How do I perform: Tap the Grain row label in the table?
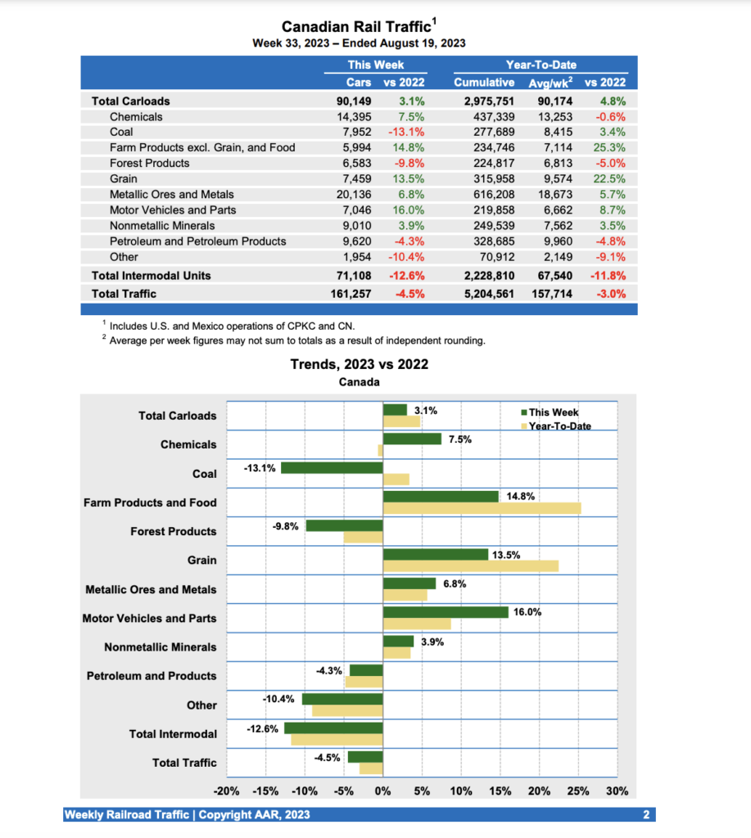click(124, 178)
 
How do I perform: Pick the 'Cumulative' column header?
click(484, 82)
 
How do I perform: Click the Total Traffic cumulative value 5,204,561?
click(484, 293)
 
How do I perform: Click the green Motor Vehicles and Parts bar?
click(445, 612)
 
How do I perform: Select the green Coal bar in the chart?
click(332, 468)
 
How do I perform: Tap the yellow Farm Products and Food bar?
click(482, 508)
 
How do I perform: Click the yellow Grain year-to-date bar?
click(470, 566)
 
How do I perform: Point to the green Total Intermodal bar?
click(333, 728)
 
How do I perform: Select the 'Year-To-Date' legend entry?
click(559, 426)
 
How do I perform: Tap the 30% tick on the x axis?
click(617, 791)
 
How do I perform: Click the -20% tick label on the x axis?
click(226, 791)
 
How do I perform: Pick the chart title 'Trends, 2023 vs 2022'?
click(360, 364)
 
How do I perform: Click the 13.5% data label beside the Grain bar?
click(505, 555)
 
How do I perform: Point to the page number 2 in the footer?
click(646, 814)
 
